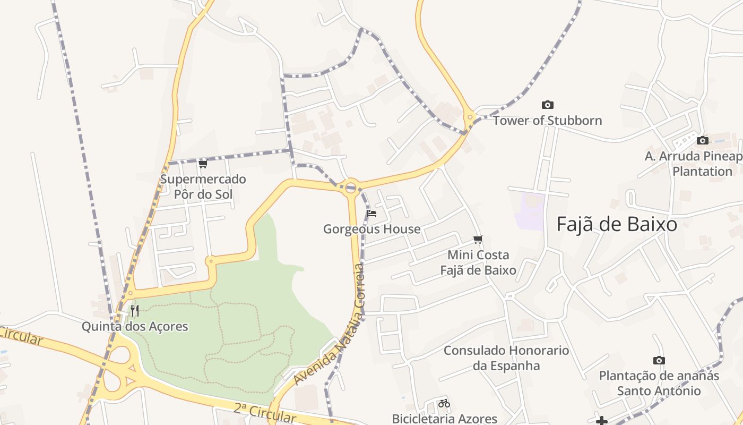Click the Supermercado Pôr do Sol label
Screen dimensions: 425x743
pos(203,186)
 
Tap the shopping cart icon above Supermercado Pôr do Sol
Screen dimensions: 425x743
pos(203,164)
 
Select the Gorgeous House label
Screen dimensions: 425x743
pos(371,229)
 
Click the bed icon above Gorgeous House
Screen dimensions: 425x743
pos(371,214)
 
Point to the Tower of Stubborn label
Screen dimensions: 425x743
pos(547,121)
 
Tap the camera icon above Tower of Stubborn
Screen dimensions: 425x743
pos(547,105)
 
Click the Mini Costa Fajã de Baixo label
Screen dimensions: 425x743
pos(478,262)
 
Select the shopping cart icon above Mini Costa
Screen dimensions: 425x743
pos(478,239)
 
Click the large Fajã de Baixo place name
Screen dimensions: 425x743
pos(617,225)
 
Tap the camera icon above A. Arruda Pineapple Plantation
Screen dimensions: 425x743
pos(703,140)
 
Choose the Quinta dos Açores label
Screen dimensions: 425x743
pos(135,326)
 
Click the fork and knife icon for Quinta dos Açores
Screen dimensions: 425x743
pos(135,310)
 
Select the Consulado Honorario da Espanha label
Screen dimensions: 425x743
pos(506,358)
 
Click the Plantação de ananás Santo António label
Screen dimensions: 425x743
pos(659,383)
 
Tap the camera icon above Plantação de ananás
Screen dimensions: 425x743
pos(659,360)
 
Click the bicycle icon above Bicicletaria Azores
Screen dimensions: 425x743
pos(444,403)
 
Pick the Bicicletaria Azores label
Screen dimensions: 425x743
pos(444,419)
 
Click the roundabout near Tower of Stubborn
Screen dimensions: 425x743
pos(469,117)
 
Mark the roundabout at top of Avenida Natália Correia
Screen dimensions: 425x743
pos(350,187)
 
